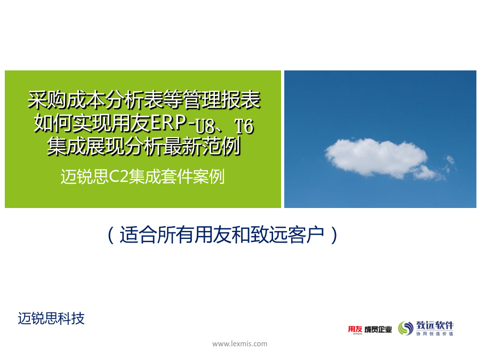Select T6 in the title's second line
[244, 126]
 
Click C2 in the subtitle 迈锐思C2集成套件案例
[119, 176]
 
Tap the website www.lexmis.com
[239, 344]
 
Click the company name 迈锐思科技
[51, 318]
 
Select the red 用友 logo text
[355, 329]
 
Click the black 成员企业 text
[378, 330]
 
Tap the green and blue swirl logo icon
[406, 328]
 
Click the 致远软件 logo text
[435, 325]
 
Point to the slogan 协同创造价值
[435, 334]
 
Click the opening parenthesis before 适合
[111, 235]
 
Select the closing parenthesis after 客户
[334, 235]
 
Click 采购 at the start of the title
[47, 100]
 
